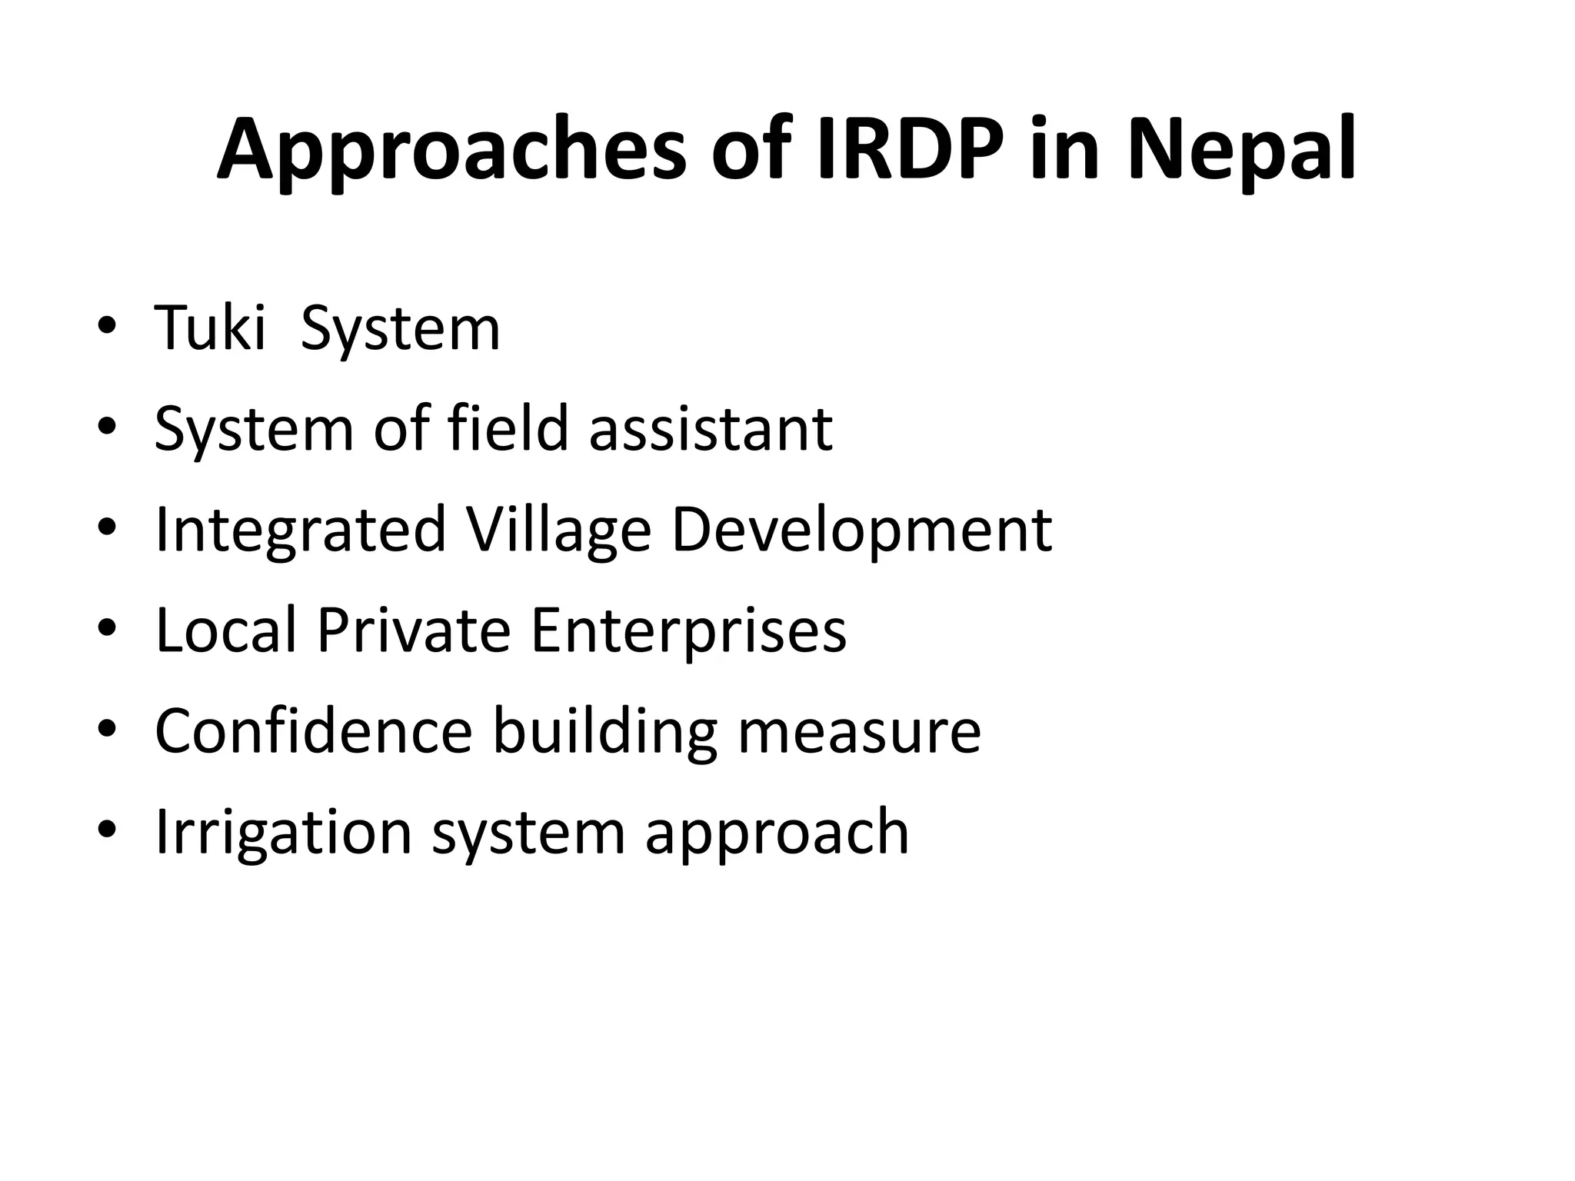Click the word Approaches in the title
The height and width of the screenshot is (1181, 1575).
point(451,151)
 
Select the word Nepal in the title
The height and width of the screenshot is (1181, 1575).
point(1242,151)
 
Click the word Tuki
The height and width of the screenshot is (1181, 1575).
point(210,328)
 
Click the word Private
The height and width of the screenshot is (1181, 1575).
point(414,630)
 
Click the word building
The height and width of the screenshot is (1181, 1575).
point(604,733)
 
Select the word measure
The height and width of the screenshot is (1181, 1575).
point(859,733)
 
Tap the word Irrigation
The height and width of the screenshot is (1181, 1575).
point(284,833)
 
